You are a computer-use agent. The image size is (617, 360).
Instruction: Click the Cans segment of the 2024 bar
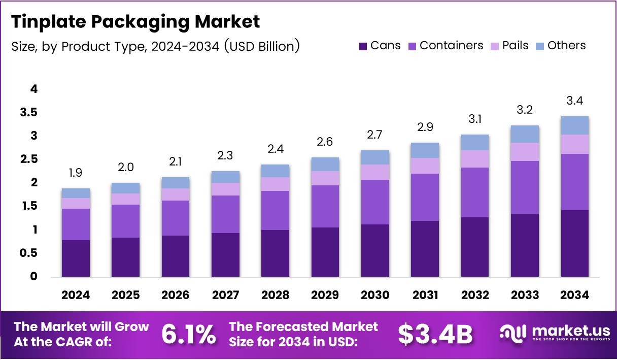click(76, 258)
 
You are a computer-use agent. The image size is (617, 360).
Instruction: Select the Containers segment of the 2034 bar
click(574, 182)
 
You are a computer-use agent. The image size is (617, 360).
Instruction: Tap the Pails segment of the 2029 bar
click(325, 178)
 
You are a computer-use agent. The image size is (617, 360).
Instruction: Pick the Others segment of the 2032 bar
click(474, 142)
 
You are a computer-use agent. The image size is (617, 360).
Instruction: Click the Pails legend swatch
click(494, 46)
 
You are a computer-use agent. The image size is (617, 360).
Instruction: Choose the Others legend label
click(566, 46)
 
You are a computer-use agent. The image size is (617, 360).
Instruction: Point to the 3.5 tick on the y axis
click(28, 112)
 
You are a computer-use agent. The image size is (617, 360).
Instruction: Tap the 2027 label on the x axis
click(225, 296)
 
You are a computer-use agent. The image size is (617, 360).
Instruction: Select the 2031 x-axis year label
click(425, 296)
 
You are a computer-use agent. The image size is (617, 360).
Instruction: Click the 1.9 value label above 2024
click(76, 173)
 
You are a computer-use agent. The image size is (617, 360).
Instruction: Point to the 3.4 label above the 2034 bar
click(575, 101)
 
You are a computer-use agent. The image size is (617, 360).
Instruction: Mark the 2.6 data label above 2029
click(325, 142)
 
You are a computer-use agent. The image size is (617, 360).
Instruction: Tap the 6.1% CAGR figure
click(188, 334)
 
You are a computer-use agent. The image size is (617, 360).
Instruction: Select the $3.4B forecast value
click(435, 334)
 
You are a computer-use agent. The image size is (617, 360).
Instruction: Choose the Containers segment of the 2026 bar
click(176, 218)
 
